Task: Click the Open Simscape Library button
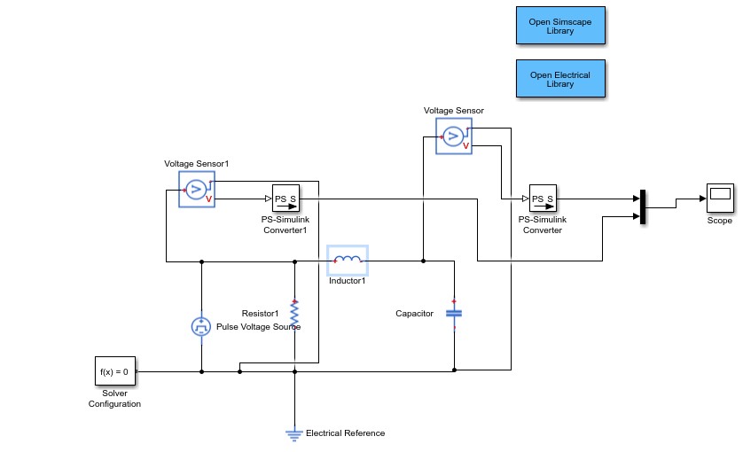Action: point(559,26)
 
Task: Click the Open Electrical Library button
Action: point(559,80)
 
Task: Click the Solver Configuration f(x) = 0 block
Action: point(115,372)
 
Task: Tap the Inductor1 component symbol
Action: point(348,261)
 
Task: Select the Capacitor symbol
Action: point(454,313)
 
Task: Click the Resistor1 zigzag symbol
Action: point(294,313)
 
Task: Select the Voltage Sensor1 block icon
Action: point(196,190)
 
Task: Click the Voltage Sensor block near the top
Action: point(453,136)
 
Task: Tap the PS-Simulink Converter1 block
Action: point(285,199)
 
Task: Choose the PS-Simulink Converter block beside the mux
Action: point(542,199)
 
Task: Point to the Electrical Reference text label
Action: point(345,433)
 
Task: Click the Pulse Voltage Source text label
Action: point(258,327)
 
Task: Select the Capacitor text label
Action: point(414,313)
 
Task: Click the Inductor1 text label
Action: point(348,281)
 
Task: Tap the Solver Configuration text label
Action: point(114,398)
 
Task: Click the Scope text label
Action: point(719,221)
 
